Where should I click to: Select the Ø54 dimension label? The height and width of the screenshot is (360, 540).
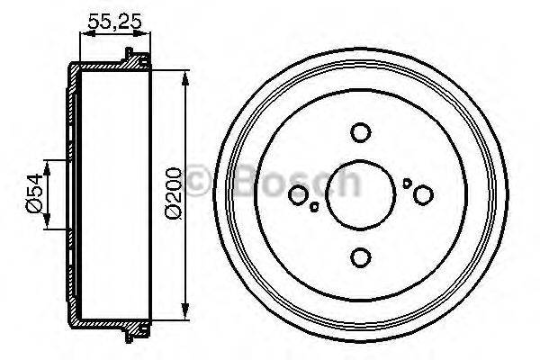point(33,194)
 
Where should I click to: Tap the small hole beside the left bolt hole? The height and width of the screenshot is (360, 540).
point(313,207)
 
